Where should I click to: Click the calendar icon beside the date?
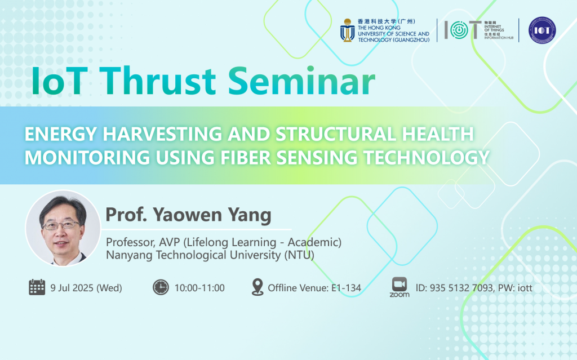[x=37, y=287]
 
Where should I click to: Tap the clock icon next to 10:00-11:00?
[x=161, y=287]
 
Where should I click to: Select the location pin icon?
[x=258, y=287]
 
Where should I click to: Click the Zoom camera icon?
[x=400, y=284]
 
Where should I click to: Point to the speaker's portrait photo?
[x=63, y=228]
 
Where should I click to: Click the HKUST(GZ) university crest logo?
[x=347, y=30]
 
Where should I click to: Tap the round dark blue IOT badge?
[x=542, y=30]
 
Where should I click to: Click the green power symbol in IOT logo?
[x=459, y=30]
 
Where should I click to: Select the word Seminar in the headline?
[x=301, y=81]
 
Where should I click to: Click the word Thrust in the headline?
[x=158, y=81]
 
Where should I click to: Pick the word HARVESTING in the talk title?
[x=162, y=134]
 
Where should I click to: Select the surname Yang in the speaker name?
[x=250, y=215]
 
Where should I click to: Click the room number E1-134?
[x=346, y=288]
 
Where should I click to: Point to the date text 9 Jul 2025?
[x=72, y=288]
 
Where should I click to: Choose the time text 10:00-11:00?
[x=199, y=288]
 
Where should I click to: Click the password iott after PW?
[x=525, y=288]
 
